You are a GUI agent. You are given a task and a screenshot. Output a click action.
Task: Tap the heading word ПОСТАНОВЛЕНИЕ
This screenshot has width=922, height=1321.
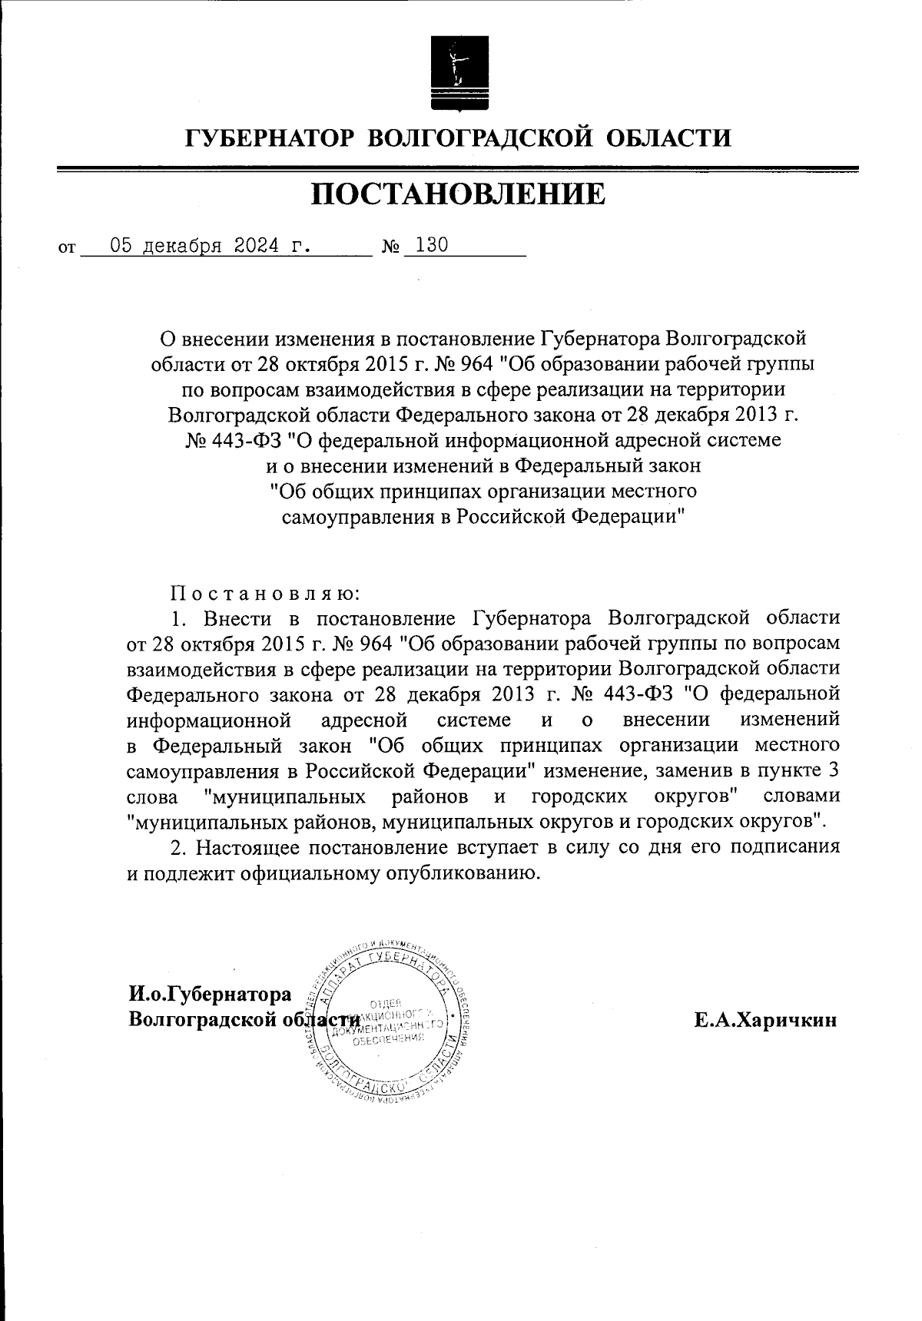459,194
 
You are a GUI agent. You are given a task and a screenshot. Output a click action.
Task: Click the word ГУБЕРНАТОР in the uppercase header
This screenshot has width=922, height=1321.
270,138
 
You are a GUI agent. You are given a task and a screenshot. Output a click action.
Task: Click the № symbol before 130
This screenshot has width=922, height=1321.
391,248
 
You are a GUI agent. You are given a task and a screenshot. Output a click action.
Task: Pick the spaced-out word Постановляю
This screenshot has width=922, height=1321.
264,593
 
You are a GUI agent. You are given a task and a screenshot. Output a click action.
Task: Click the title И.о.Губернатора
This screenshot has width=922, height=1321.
210,994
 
